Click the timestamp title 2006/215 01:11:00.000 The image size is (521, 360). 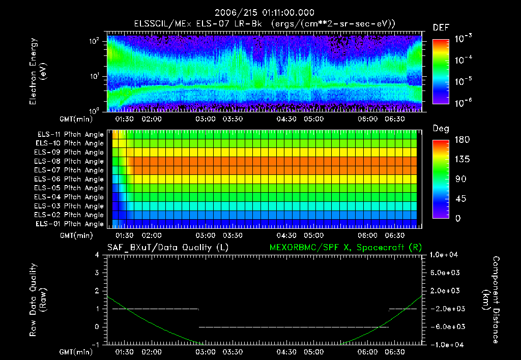tap(264, 13)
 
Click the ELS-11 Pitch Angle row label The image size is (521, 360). tap(70, 135)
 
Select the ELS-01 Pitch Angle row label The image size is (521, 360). tap(70, 224)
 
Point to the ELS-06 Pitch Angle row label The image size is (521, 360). tap(70, 179)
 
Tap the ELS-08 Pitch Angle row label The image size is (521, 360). tap(70, 162)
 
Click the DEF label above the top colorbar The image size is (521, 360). tap(440, 27)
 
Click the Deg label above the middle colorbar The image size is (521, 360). tap(440, 129)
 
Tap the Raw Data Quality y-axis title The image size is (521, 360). tap(38, 299)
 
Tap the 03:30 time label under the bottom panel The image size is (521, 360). tap(233, 352)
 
